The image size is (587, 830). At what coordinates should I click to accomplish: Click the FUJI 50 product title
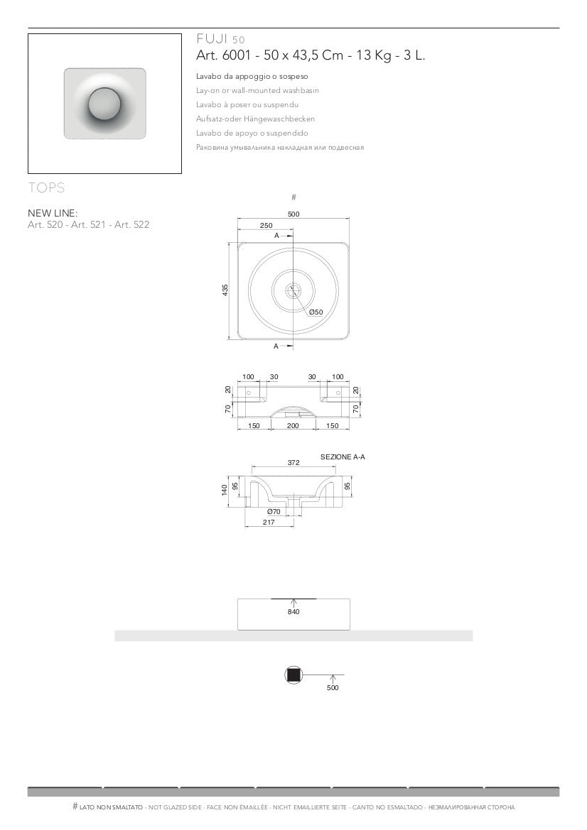click(x=220, y=39)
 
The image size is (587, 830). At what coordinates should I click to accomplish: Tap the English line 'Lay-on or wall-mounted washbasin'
click(x=257, y=90)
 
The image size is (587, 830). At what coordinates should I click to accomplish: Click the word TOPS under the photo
click(x=46, y=187)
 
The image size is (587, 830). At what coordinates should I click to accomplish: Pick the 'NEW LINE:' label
click(x=53, y=213)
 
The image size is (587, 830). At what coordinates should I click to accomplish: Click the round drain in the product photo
click(x=105, y=104)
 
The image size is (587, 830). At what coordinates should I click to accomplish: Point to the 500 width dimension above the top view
click(x=293, y=214)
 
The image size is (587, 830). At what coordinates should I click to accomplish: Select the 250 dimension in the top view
click(x=266, y=226)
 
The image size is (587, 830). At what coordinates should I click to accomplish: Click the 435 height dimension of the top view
click(x=225, y=290)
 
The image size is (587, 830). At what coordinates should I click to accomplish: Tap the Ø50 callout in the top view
click(x=316, y=312)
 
